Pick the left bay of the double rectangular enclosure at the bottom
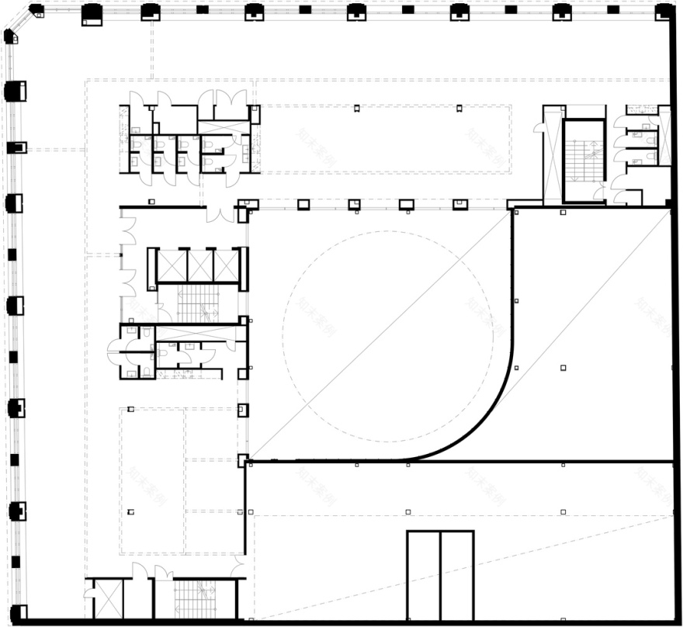424,575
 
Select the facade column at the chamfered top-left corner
10,36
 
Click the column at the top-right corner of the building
664,12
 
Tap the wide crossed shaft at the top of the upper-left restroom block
223,127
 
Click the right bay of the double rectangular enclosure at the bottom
456,575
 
